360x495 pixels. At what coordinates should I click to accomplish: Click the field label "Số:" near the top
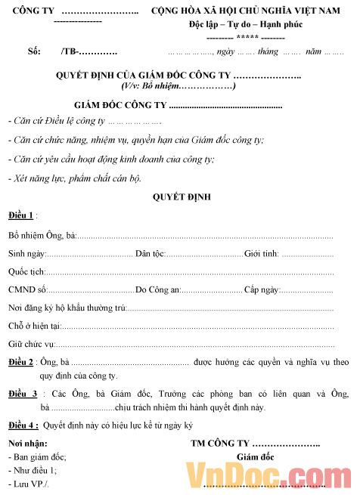pyautogui.click(x=33, y=52)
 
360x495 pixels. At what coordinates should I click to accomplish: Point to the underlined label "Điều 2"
pyautogui.click(x=21, y=363)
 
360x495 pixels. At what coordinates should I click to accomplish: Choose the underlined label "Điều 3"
pyautogui.click(x=23, y=394)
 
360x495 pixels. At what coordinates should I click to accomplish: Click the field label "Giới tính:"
pyautogui.click(x=261, y=253)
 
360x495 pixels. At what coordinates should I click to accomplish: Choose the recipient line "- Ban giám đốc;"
pyautogui.click(x=37, y=456)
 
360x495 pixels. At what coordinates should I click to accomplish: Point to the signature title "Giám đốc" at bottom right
pyautogui.click(x=256, y=456)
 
